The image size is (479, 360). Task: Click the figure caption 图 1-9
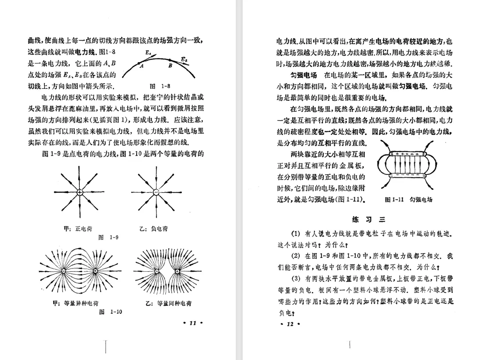click(x=108, y=237)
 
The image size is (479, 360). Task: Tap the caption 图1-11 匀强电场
click(x=409, y=200)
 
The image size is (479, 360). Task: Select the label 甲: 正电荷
click(x=78, y=229)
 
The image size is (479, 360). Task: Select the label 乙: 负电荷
click(x=153, y=229)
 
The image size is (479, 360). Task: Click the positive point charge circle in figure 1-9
click(x=79, y=192)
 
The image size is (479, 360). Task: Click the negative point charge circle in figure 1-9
click(x=156, y=192)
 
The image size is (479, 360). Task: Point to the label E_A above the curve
click(x=149, y=52)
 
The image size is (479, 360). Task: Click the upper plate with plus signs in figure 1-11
click(x=407, y=154)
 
